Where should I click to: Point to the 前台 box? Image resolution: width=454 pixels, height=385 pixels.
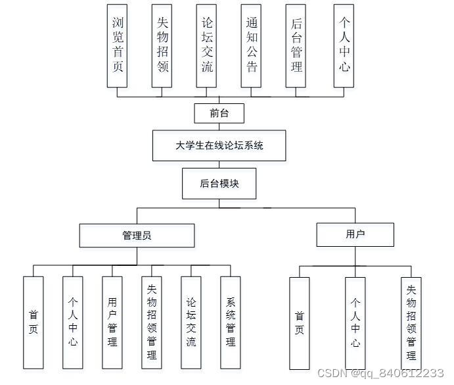pyautogui.click(x=219, y=113)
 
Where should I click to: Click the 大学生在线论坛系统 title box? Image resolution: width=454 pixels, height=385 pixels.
pyautogui.click(x=219, y=145)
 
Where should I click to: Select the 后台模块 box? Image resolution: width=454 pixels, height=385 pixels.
pyautogui.click(x=219, y=184)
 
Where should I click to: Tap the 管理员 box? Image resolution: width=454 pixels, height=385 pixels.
pyautogui.click(x=137, y=235)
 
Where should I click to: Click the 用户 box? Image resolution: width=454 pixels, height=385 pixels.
pyautogui.click(x=355, y=234)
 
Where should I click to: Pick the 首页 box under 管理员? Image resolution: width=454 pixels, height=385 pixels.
pyautogui.click(x=34, y=322)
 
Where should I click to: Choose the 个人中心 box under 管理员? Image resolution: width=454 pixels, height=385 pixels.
pyautogui.click(x=73, y=322)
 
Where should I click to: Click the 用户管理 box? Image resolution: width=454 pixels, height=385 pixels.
pyautogui.click(x=112, y=322)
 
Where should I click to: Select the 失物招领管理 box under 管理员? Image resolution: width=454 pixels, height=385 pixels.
pyautogui.click(x=152, y=322)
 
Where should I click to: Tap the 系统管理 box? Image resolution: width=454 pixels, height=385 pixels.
pyautogui.click(x=231, y=322)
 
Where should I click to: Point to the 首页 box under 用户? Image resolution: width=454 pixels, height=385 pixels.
pyautogui.click(x=300, y=323)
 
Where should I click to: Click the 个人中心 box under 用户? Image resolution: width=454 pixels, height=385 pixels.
pyautogui.click(x=355, y=323)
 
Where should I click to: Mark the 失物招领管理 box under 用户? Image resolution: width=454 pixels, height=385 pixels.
pyautogui.click(x=411, y=323)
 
